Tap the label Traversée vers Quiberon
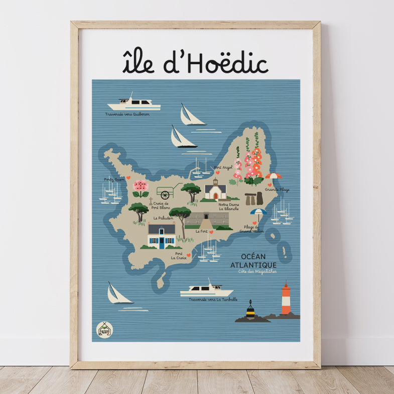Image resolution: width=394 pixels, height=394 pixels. [x=127, y=114]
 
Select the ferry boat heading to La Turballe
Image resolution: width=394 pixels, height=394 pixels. [x=206, y=291]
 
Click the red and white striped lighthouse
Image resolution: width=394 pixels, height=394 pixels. [x=286, y=300]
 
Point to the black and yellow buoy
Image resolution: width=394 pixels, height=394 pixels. [x=250, y=310]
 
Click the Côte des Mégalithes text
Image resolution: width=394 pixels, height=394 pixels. [x=257, y=272]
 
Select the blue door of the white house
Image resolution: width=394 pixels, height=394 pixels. [x=162, y=243]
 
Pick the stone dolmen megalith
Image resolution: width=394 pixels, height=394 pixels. [x=253, y=199]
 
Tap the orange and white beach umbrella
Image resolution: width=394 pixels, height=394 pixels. [x=274, y=177]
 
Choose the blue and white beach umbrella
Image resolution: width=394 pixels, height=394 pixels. [x=258, y=213]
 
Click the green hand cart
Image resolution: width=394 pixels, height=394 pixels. [x=167, y=192]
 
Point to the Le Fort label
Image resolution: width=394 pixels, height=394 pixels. [x=202, y=232]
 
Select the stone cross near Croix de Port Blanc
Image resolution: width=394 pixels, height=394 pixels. [x=150, y=200]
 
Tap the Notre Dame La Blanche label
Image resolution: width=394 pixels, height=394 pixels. [x=228, y=206]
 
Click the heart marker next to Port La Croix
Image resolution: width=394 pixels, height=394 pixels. [x=189, y=255]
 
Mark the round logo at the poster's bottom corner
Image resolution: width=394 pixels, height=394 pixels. [x=104, y=329]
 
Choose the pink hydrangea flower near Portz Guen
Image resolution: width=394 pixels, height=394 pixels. [x=141, y=186]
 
